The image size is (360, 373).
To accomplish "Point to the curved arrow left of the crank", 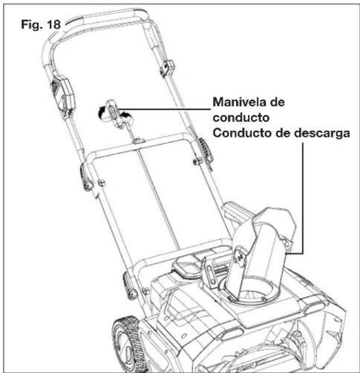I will [x=100, y=112].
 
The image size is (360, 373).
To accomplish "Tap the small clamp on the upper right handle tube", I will [x=164, y=69].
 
